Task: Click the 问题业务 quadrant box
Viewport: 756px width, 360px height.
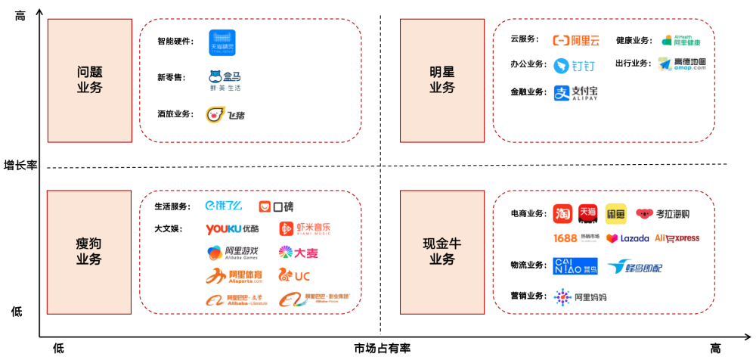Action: coord(90,80)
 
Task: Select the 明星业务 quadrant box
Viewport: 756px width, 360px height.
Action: coord(442,80)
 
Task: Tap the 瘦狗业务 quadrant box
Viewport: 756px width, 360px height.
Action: coord(89,251)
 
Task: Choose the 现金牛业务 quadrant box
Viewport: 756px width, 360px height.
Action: coord(442,251)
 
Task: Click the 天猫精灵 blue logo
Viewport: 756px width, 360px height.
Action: coord(222,42)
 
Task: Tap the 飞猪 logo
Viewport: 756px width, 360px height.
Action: coord(225,115)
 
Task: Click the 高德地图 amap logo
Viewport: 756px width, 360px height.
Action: coord(682,64)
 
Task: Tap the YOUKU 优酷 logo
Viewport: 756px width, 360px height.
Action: coord(232,228)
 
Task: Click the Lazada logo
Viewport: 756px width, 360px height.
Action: coord(627,238)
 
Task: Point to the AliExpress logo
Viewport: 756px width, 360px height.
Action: coord(677,238)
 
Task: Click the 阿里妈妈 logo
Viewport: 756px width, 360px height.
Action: coord(580,297)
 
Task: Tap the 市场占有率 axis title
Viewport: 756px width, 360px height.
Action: coord(382,348)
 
